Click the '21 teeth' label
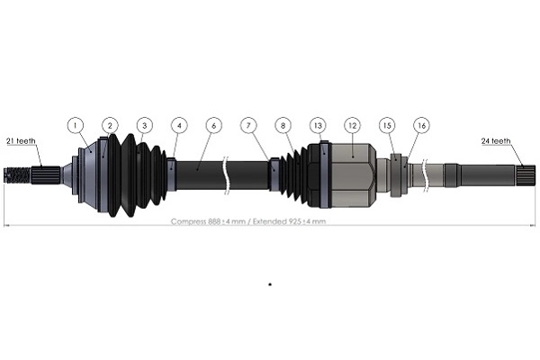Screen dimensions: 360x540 click(20, 141)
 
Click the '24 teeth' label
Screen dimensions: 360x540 click(495, 141)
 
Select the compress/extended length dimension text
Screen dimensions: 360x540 click(248, 221)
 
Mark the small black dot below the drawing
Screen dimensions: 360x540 click(269, 284)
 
